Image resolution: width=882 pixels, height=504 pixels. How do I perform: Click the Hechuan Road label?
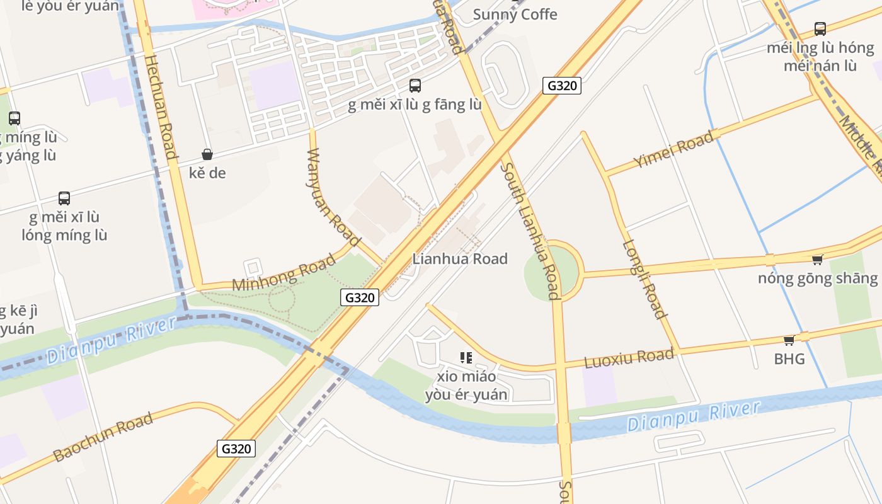[x=160, y=106]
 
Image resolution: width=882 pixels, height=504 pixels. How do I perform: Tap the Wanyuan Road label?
[x=333, y=197]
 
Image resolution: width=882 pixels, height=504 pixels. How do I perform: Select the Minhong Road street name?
[x=284, y=273]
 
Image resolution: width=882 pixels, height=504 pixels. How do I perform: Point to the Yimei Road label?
[x=674, y=149]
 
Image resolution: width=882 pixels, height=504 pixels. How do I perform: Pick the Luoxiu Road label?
[x=629, y=358]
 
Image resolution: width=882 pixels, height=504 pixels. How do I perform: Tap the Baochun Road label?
[x=103, y=437]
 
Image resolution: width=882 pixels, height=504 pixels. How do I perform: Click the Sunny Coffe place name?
[x=515, y=14]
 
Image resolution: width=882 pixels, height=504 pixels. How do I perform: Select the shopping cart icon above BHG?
[x=789, y=341]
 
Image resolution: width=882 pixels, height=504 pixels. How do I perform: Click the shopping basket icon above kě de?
[x=207, y=154]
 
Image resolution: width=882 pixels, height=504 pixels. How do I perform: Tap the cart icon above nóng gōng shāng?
[x=817, y=260]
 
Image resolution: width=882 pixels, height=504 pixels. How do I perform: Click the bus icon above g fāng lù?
[x=415, y=86]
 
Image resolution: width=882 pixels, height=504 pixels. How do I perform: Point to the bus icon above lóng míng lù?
[x=64, y=198]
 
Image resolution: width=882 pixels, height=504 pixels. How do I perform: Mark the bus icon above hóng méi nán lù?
[x=820, y=28]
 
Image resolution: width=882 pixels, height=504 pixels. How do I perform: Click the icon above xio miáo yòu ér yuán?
[x=466, y=358]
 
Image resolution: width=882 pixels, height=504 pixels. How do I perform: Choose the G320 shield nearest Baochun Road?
[x=237, y=449]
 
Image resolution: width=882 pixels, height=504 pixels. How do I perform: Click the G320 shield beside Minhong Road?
[x=360, y=297]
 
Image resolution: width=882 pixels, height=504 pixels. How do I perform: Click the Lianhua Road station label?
[x=460, y=258]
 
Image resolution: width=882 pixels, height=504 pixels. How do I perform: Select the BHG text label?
[x=789, y=359]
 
